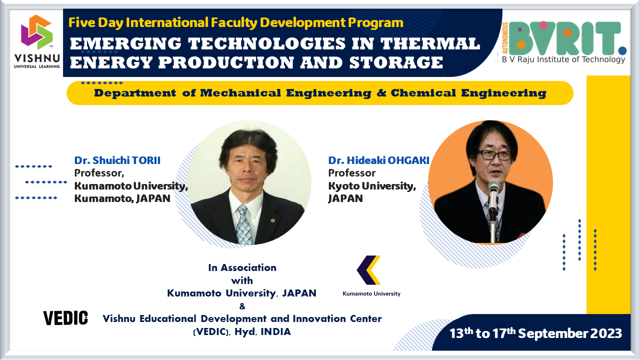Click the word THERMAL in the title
coord(430,44)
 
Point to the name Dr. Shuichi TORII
coord(117,160)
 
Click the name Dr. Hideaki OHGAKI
coord(378,160)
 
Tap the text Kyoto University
coord(372,186)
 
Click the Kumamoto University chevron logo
coord(369,270)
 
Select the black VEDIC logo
coord(65,318)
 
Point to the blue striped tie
coord(244,224)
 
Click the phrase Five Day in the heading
coord(89,22)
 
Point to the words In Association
coord(242,267)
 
